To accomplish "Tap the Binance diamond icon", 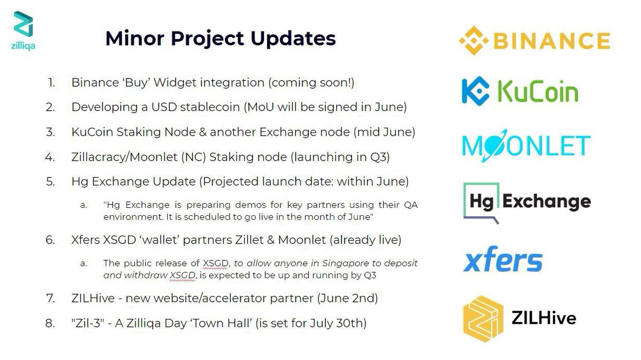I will (x=474, y=41).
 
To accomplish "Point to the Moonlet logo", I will (x=526, y=145).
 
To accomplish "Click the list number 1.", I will (x=51, y=83).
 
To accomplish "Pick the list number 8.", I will (x=50, y=323).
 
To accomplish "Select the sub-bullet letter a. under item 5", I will (x=84, y=205).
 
